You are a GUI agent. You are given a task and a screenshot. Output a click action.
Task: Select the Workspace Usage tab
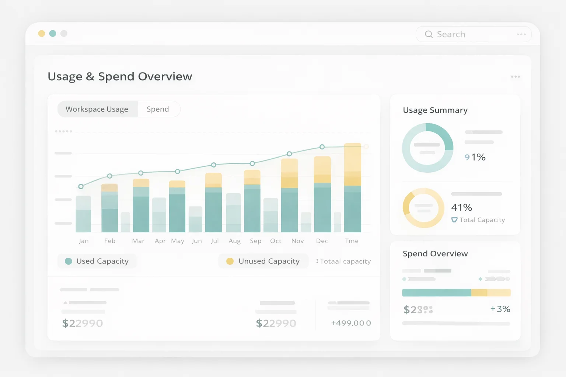pos(97,109)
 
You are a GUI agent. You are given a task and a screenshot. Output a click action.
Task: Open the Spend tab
pos(158,109)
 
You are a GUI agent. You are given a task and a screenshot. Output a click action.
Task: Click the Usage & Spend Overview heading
pos(120,77)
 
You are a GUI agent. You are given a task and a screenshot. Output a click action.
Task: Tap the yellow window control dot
pos(42,34)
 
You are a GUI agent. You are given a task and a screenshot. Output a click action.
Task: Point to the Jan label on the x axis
pos(84,241)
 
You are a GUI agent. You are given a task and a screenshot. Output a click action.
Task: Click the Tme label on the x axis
pos(352,241)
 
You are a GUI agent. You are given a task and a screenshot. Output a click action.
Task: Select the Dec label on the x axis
pos(322,241)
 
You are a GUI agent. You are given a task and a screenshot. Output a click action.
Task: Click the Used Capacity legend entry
pos(97,261)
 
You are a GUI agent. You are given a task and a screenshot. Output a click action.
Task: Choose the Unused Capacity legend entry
pos(263,261)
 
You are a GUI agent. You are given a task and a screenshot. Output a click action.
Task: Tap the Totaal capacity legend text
pos(345,261)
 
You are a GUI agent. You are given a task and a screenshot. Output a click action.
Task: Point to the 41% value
pos(461,207)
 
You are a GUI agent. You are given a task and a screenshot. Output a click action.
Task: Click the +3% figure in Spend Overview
pos(500,309)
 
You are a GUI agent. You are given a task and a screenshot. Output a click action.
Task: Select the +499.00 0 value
pos(351,323)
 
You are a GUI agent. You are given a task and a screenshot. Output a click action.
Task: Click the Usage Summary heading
pos(435,110)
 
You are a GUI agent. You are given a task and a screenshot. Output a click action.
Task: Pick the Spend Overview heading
pos(435,254)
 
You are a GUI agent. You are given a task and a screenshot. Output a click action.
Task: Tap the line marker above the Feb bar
pos(109,176)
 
